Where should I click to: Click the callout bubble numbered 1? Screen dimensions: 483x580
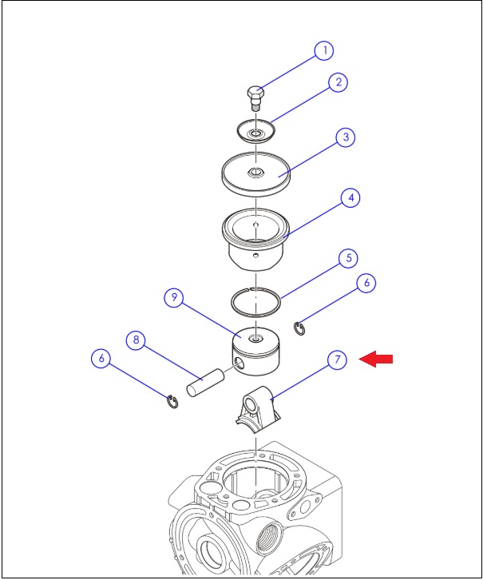tap(323, 50)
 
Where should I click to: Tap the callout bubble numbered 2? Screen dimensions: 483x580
tap(338, 82)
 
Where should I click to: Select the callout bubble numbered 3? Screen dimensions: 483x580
tap(346, 137)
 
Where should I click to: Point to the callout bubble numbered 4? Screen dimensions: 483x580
tap(350, 198)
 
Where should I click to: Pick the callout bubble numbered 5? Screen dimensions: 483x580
tap(348, 258)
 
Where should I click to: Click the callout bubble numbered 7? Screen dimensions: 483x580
tap(337, 360)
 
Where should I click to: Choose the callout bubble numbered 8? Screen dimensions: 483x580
tap(136, 340)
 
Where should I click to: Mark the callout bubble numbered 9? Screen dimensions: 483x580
tap(174, 297)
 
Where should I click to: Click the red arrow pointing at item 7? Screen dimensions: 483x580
tap(376, 359)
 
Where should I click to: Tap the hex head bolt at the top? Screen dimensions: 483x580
tap(255, 98)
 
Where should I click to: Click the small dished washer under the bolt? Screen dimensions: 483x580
tap(256, 130)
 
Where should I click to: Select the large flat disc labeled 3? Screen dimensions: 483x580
tap(256, 173)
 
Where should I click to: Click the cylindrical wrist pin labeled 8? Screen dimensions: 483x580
tap(205, 383)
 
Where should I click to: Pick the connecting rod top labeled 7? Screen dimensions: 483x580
tap(258, 410)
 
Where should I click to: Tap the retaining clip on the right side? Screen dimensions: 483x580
tap(299, 329)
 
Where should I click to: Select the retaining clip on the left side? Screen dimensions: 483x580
tap(172, 402)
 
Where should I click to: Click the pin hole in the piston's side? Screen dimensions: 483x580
tap(239, 363)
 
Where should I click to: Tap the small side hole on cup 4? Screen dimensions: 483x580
tap(255, 255)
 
